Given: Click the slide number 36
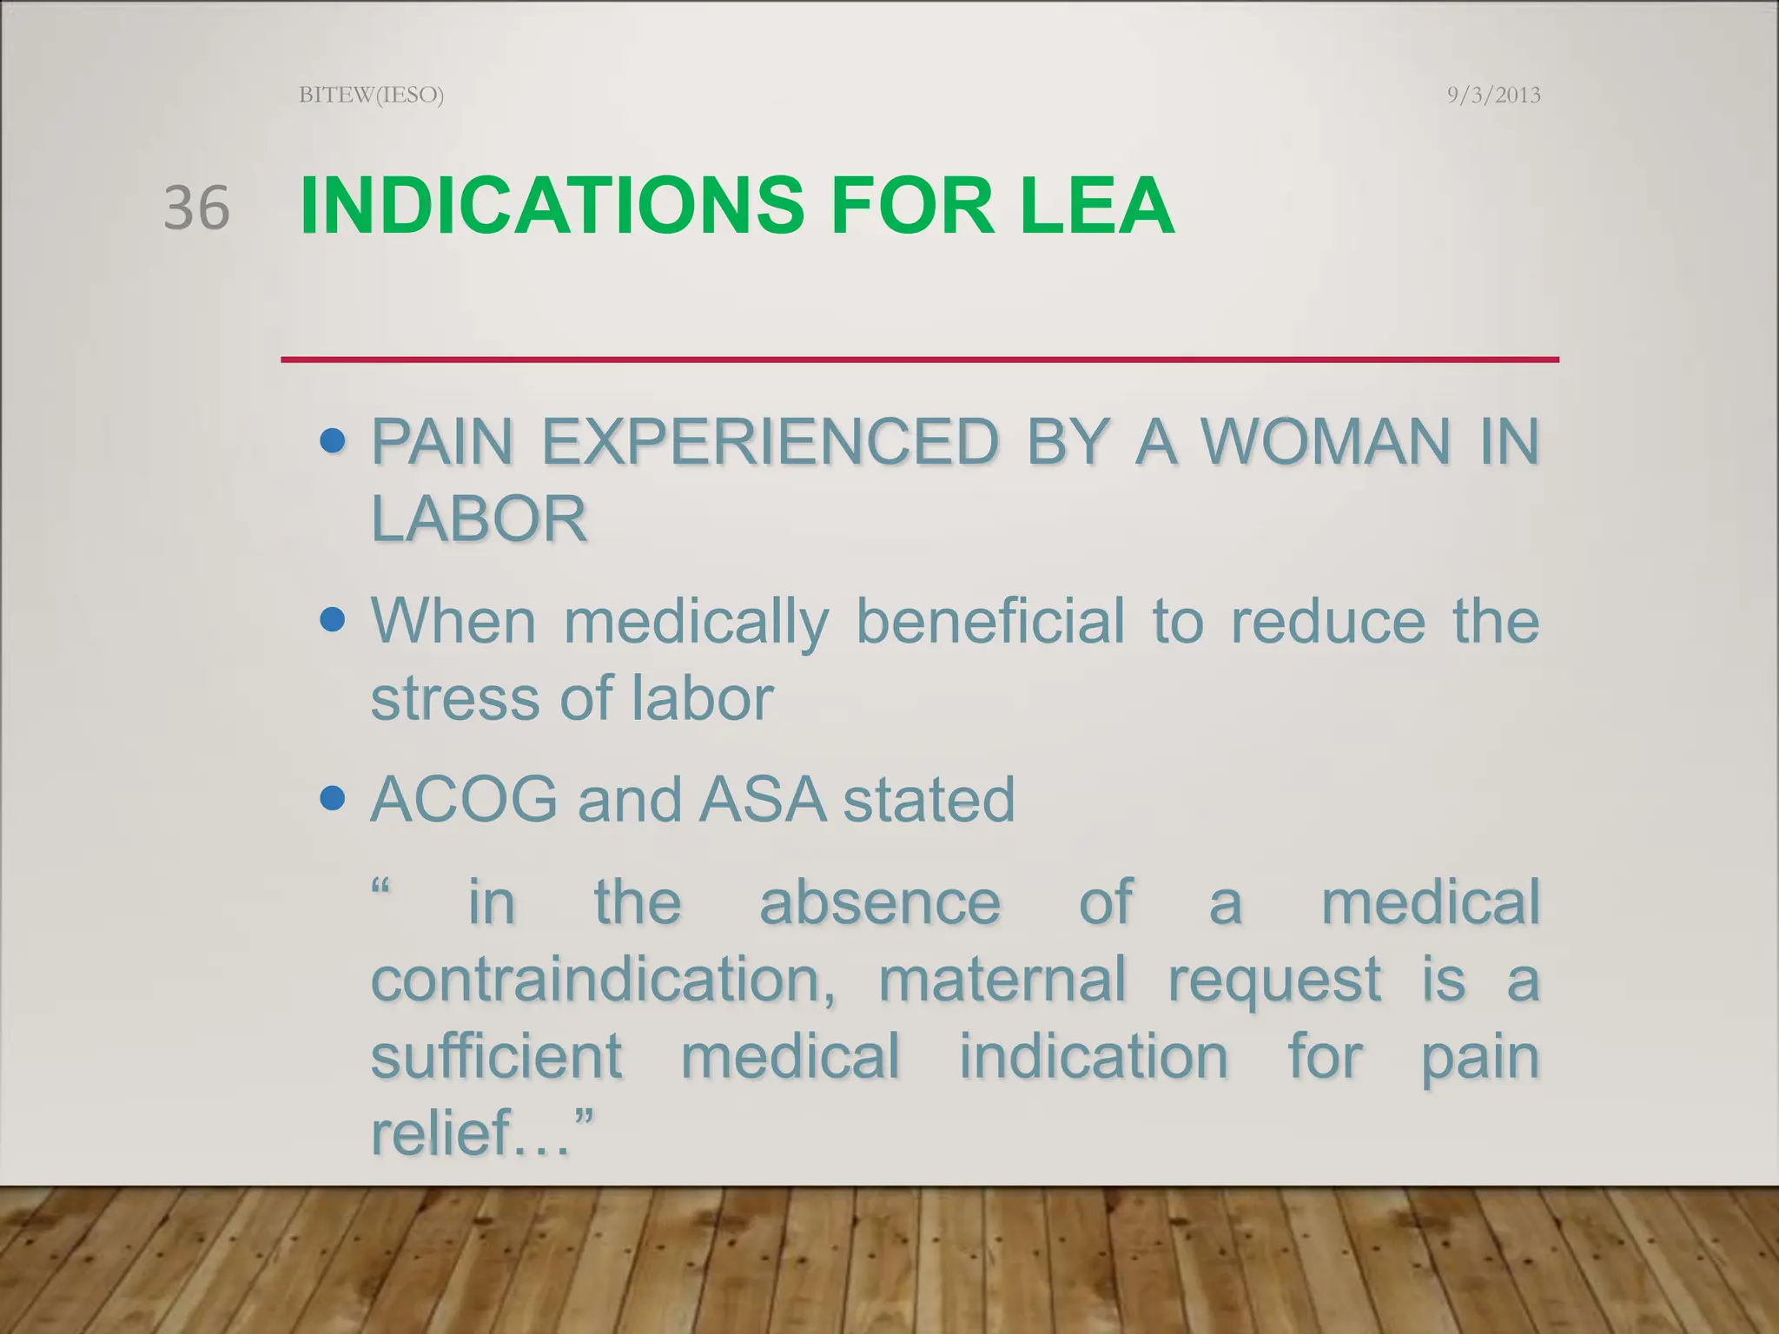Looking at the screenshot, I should click(196, 208).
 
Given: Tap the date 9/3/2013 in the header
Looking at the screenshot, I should click(1493, 95).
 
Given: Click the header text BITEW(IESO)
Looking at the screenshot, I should click(371, 95).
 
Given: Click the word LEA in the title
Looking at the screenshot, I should click(1097, 207).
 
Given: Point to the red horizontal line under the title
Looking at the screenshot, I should click(919, 360).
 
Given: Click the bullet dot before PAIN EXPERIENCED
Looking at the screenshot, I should click(332, 443).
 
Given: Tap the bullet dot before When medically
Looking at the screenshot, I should click(332, 622).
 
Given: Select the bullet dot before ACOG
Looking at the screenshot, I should click(332, 799).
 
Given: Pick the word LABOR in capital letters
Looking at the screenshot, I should click(479, 519).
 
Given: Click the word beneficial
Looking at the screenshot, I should click(990, 622).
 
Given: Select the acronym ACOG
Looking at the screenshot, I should click(464, 799).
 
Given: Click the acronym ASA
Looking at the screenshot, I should click(762, 799).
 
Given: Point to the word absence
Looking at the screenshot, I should click(879, 902).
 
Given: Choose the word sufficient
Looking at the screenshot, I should click(496, 1057).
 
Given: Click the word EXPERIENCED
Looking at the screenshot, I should click(770, 442).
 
